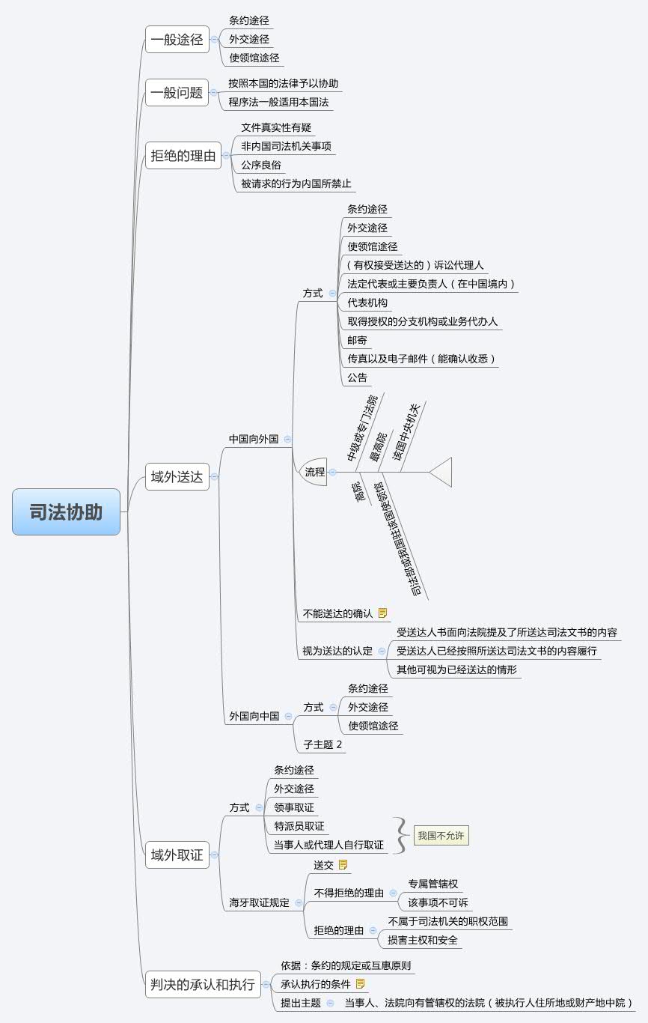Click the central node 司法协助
(66, 512)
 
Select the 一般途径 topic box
(177, 40)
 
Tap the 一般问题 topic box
(177, 93)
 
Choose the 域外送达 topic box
(177, 476)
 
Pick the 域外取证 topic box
(177, 854)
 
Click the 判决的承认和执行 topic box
(202, 984)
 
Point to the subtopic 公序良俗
(261, 165)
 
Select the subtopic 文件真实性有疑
(276, 127)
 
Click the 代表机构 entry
(367, 303)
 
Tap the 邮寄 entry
(357, 340)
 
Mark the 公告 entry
(358, 377)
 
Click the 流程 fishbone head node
(314, 473)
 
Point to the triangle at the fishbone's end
(442, 473)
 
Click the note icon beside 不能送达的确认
(383, 613)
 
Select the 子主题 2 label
(323, 744)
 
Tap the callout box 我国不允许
(441, 836)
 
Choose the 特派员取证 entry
(299, 826)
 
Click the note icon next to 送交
(343, 865)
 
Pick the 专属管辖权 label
(432, 884)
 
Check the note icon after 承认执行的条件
(361, 983)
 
